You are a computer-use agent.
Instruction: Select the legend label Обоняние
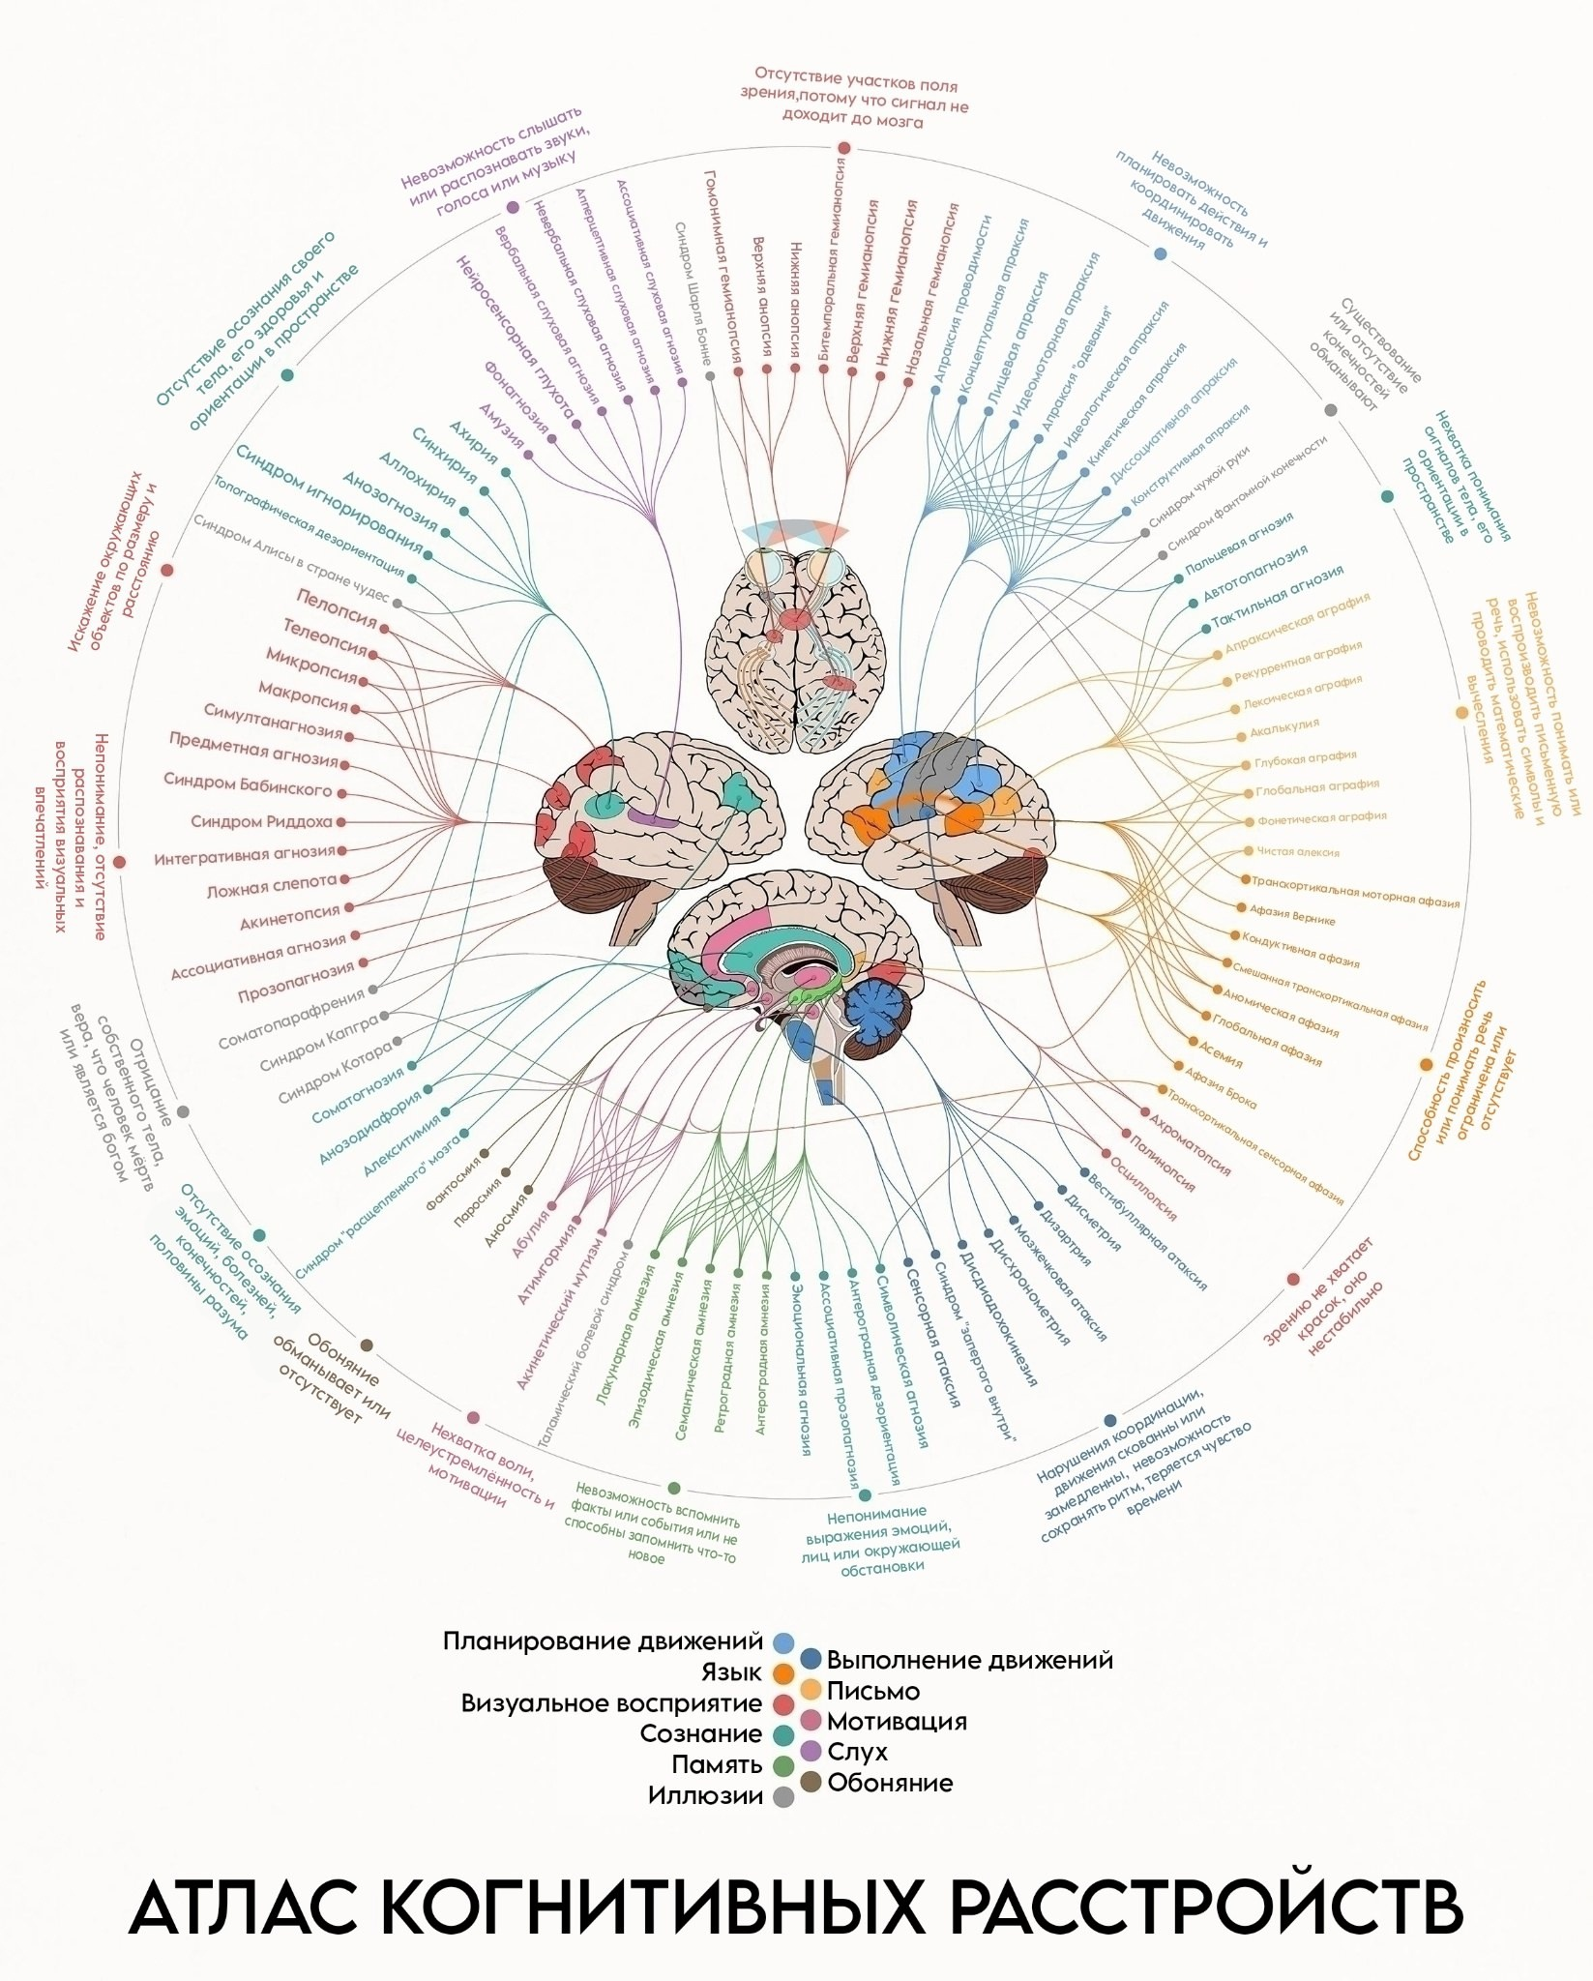pyautogui.click(x=890, y=1782)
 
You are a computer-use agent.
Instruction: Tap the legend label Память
pyautogui.click(x=717, y=1764)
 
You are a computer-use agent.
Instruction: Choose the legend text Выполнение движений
pyautogui.click(x=970, y=1661)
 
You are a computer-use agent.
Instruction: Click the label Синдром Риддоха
pyautogui.click(x=261, y=822)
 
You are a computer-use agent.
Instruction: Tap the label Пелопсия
pyautogui.click(x=336, y=608)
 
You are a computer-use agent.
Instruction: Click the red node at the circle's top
pyautogui.click(x=843, y=147)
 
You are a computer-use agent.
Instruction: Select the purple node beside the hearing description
pyautogui.click(x=513, y=207)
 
